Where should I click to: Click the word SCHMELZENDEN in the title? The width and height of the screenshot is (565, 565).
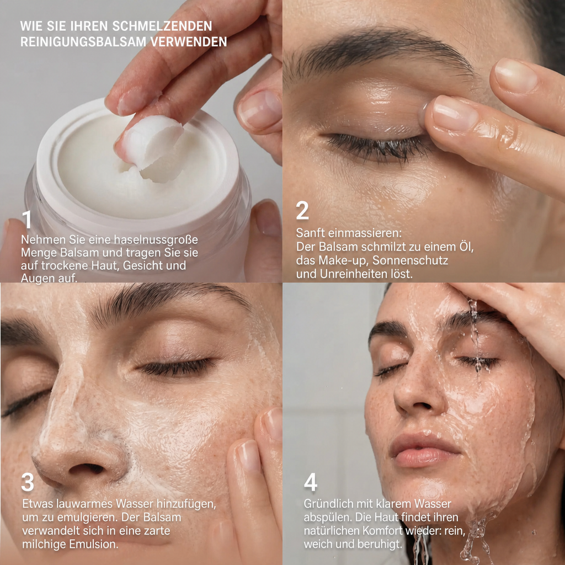[162, 26]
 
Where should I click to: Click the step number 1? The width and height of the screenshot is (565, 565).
[27, 220]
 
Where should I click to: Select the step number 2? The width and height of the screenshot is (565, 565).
[302, 210]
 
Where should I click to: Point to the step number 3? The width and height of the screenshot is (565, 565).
[28, 482]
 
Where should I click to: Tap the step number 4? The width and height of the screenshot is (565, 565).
[311, 482]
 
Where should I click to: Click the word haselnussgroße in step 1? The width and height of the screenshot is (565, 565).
[156, 239]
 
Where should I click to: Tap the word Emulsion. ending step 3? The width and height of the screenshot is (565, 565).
[93, 544]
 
